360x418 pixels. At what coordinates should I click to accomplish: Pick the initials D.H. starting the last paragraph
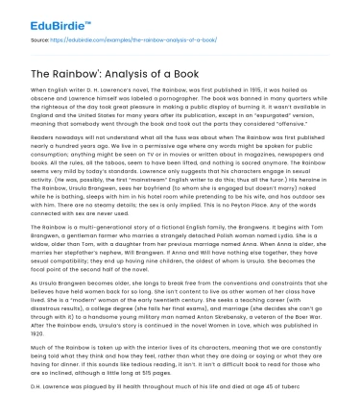click(x=29, y=408)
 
